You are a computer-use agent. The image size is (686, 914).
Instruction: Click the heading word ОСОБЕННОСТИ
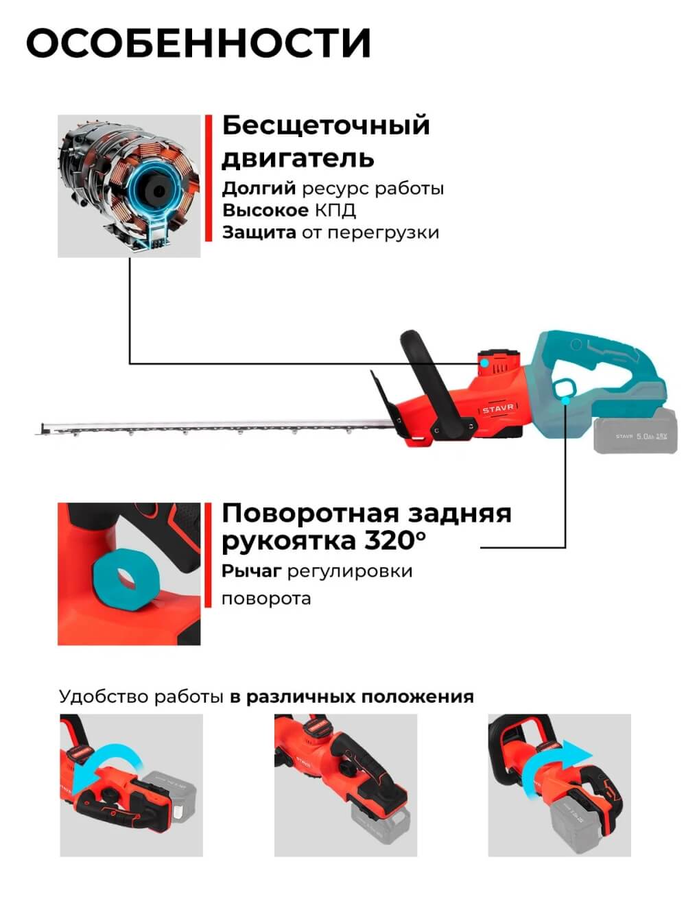198,44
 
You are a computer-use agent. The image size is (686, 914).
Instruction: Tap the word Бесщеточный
326,125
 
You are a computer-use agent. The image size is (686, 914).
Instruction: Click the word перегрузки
383,232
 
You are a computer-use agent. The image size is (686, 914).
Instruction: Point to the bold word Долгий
259,188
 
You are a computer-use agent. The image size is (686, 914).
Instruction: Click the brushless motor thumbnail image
129,186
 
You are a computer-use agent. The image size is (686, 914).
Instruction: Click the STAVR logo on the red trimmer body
497,409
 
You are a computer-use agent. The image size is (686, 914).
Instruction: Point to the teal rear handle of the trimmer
597,370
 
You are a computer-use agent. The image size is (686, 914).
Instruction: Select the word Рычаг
251,571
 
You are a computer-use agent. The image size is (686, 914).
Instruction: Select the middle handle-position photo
345,785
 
